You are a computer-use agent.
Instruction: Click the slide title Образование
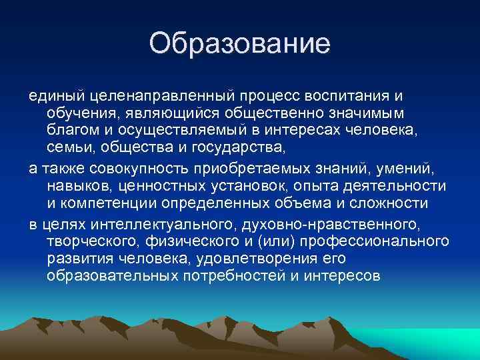coord(240,43)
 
